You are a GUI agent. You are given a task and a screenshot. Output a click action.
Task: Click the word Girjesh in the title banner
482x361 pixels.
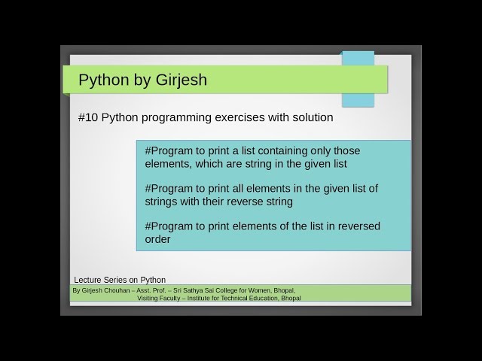pos(180,80)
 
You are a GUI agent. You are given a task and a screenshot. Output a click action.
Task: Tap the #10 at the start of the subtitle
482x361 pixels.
pos(87,118)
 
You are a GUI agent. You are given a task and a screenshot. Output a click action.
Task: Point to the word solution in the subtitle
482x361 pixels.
pos(310,118)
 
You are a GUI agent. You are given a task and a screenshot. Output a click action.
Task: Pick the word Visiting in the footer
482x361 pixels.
pos(148,298)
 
